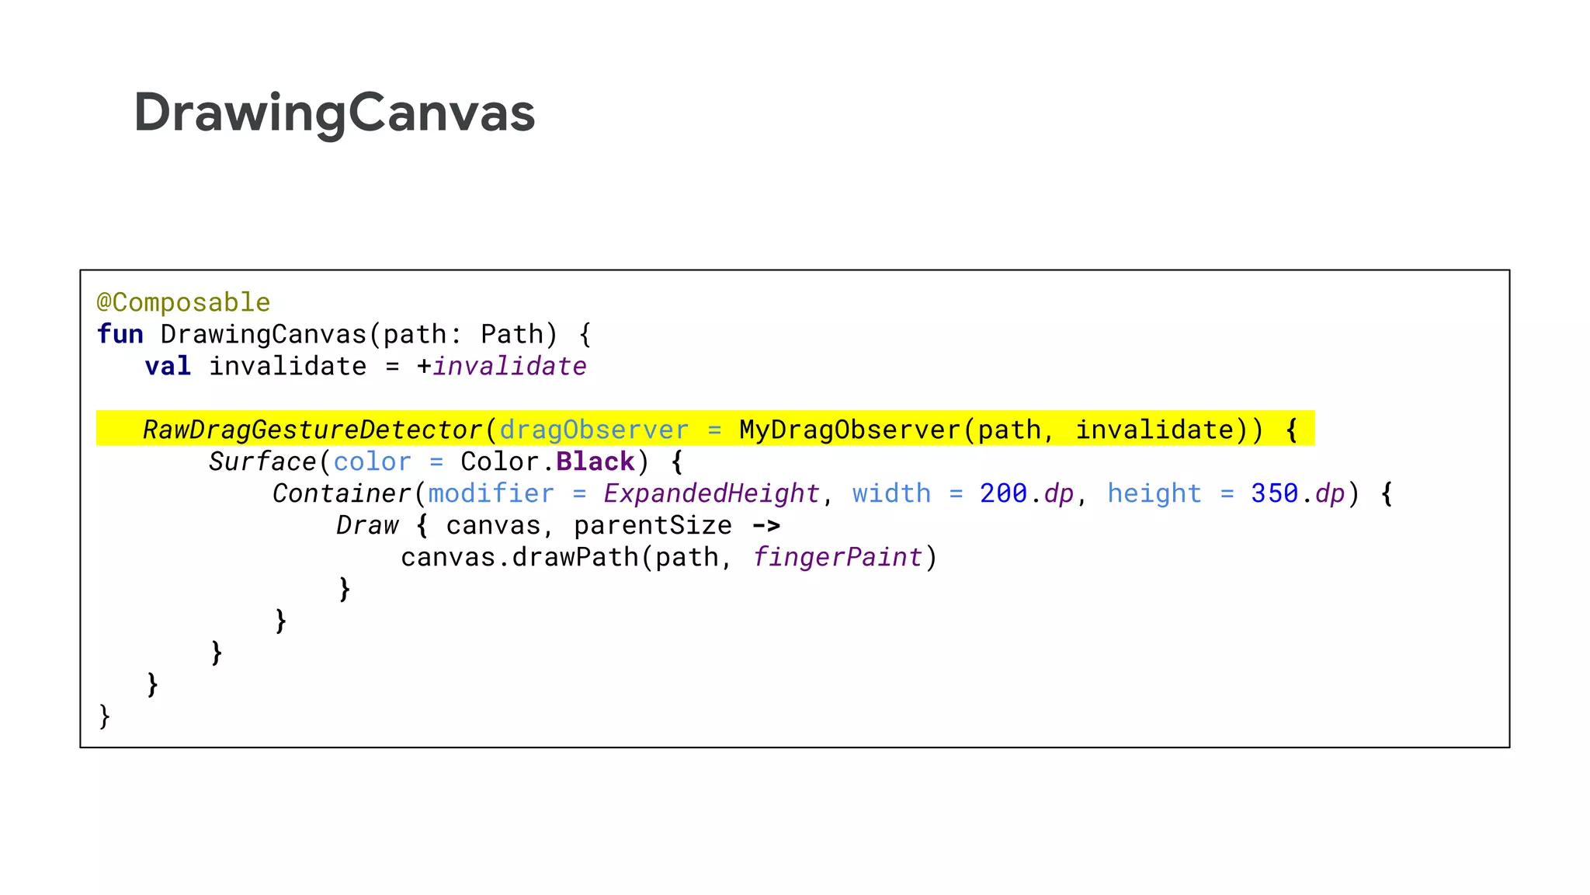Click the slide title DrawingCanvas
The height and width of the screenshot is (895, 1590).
[x=334, y=113]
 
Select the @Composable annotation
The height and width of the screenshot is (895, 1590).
[x=183, y=302]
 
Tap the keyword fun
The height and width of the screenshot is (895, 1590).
[x=120, y=334]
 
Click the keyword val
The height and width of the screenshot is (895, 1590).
[x=168, y=366]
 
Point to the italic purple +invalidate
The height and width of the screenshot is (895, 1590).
[x=509, y=366]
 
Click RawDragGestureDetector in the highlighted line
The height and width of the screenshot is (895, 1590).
[x=313, y=430]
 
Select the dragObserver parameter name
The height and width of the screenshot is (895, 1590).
[x=594, y=430]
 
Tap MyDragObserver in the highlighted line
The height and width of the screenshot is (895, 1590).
[x=849, y=430]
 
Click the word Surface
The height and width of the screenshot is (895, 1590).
[x=262, y=461]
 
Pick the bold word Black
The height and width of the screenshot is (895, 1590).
[x=595, y=461]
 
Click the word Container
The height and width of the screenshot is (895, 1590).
[x=342, y=493]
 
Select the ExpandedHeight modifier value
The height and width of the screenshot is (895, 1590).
[x=711, y=493]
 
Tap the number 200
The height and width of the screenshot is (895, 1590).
[x=1003, y=493]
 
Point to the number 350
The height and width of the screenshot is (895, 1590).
[x=1274, y=493]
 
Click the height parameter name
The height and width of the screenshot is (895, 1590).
[x=1154, y=493]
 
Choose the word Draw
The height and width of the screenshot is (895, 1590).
[x=367, y=525]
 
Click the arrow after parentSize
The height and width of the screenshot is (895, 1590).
[x=765, y=526]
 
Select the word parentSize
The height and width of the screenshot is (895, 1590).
[x=653, y=526]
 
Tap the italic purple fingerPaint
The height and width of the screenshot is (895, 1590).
[x=837, y=557]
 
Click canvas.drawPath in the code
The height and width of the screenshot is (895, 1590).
[x=519, y=557]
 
